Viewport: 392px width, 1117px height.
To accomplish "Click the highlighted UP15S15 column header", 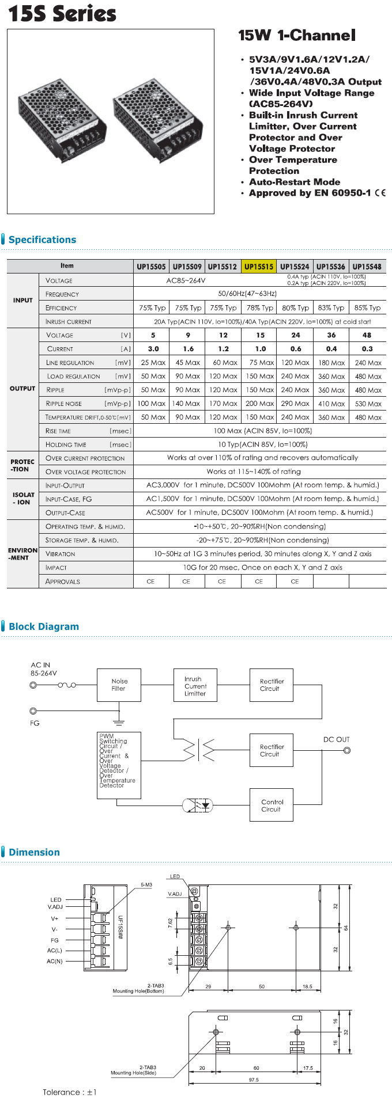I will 259,267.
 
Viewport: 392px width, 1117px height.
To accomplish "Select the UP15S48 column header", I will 367,267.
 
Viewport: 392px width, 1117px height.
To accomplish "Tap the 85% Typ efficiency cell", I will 367,308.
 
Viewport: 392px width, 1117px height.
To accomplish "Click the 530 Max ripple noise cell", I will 368,404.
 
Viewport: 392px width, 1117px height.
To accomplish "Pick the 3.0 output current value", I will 153,349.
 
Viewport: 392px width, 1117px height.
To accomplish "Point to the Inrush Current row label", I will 69,322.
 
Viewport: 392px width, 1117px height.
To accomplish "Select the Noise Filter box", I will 119,685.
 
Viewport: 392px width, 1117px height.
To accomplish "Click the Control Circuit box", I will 272,805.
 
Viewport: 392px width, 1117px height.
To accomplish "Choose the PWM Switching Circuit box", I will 119,765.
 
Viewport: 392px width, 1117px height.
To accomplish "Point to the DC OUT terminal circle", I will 347,750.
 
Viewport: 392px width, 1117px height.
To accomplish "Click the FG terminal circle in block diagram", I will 33,711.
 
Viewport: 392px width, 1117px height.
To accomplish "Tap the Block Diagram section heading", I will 44,626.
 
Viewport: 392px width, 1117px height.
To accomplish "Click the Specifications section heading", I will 42,240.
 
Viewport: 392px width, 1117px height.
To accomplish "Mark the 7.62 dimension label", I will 171,922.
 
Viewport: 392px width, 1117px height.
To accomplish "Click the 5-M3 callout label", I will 146,884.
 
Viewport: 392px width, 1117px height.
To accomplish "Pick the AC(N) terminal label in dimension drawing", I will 55,961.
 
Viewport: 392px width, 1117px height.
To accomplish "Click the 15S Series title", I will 62,14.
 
